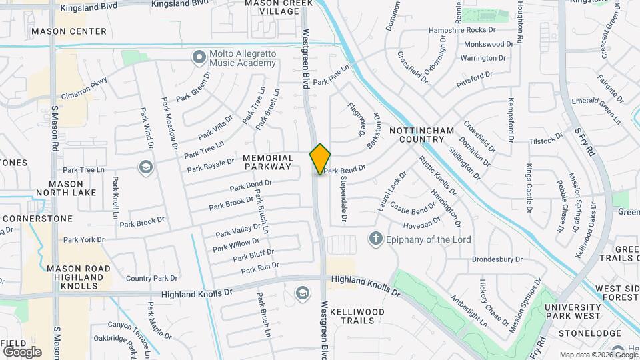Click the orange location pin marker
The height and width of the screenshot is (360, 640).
click(320, 159)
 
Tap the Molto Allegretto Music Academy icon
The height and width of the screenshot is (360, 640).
click(198, 57)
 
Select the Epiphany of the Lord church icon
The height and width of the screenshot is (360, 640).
click(376, 239)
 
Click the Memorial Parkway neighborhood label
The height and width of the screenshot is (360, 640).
click(267, 162)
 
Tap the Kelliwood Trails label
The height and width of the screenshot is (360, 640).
click(357, 316)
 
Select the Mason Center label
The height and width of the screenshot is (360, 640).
click(69, 31)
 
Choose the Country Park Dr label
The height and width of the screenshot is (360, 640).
click(152, 278)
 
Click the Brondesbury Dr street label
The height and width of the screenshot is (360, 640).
click(497, 259)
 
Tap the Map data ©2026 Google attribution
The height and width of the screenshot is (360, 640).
click(598, 355)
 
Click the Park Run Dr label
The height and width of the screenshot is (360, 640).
click(260, 269)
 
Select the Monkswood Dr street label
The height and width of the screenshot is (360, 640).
click(489, 44)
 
